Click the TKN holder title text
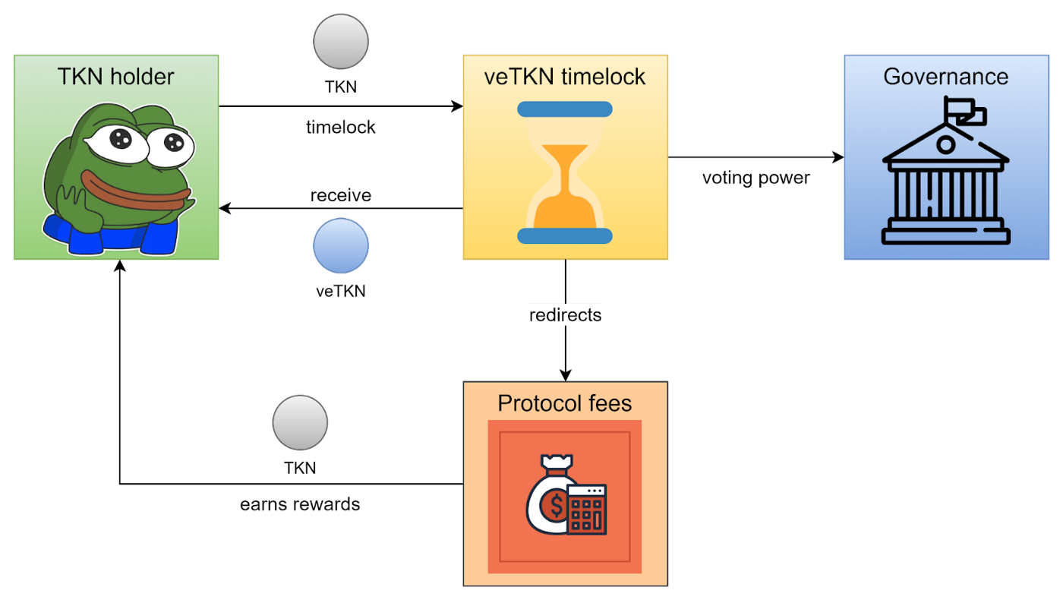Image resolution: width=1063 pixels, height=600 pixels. coord(116,77)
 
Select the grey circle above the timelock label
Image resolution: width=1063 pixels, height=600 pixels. coord(341,42)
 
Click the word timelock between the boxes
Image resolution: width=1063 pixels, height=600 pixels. coord(341,127)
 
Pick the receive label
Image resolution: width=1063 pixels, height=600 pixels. coord(341,195)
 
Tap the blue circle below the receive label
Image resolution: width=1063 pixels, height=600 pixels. coord(341,246)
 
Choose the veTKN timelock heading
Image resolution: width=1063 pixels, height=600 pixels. coord(565,77)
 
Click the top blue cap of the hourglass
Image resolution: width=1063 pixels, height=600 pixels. coord(565,109)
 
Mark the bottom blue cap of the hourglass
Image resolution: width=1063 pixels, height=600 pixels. coord(565,235)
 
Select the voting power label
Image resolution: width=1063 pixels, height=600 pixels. coord(756,178)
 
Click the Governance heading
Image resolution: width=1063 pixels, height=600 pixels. coord(946,77)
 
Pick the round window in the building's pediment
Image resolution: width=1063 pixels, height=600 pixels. coord(945,144)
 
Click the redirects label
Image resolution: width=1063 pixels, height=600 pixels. coord(566,314)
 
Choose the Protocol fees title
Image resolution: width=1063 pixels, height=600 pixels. coord(565,403)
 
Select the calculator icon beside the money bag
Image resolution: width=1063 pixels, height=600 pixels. coord(587,510)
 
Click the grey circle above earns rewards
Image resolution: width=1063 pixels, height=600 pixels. coord(300,423)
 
